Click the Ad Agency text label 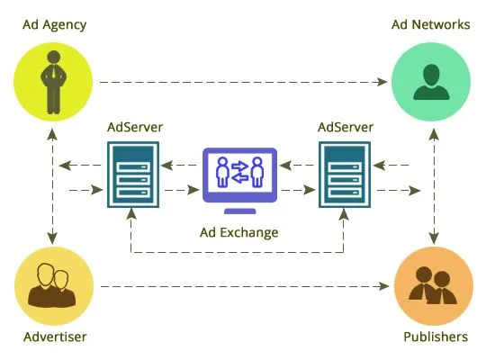tap(55, 24)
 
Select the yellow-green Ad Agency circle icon tap(53, 82)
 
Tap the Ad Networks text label tap(429, 24)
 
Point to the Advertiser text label tap(54, 337)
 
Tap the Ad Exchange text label tap(238, 232)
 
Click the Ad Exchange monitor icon tap(238, 171)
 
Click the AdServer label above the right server tap(346, 127)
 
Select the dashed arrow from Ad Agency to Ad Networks tap(243, 82)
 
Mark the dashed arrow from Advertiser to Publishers tap(243, 288)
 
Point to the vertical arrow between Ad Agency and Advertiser tap(53, 184)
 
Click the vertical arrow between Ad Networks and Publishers tap(435, 184)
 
